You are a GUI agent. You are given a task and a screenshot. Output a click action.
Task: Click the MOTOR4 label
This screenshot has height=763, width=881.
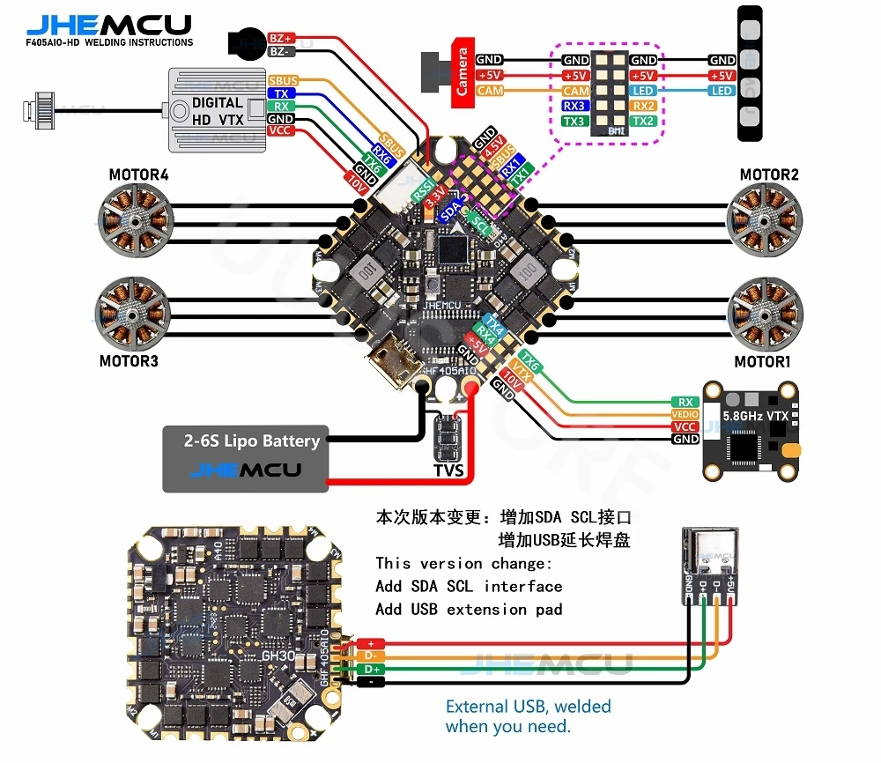[x=138, y=174]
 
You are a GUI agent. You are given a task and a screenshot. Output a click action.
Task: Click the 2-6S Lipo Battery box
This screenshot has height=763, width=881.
[x=245, y=458]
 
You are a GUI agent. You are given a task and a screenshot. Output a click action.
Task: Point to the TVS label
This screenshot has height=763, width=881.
[x=448, y=471]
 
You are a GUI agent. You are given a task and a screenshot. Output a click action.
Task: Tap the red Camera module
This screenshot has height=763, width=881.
[x=461, y=72]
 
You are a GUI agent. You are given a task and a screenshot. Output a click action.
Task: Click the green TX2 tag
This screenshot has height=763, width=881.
[x=643, y=122]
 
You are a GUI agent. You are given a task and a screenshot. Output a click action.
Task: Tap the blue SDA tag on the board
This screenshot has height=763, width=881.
[x=450, y=211]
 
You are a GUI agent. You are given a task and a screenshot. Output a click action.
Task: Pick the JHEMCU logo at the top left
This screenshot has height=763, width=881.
[x=109, y=25]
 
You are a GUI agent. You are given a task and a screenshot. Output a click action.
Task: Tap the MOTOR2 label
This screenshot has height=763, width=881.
[x=768, y=174]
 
